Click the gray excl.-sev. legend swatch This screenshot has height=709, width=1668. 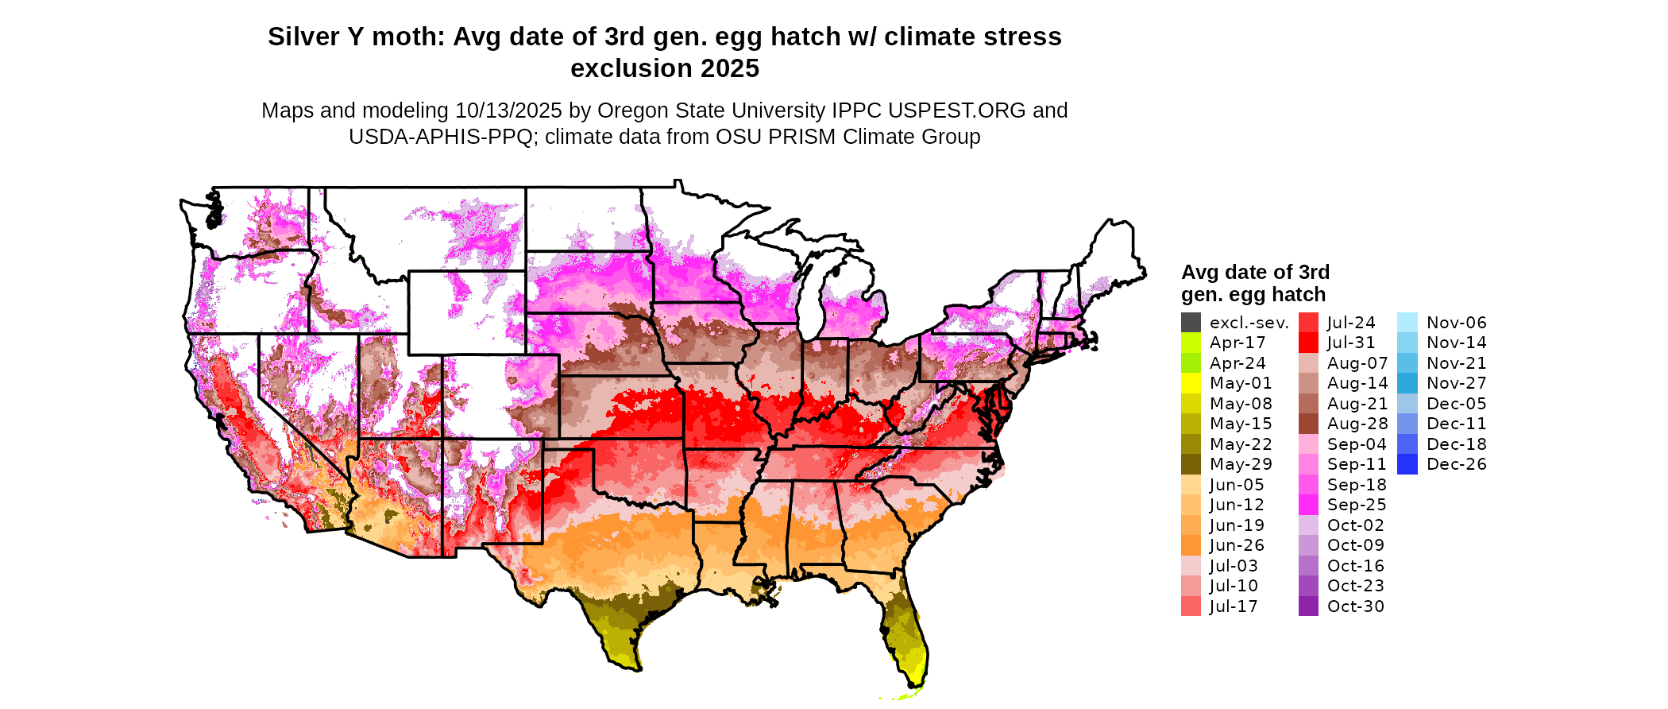1191,323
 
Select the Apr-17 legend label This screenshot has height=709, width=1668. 1237,343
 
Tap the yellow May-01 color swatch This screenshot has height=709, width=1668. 1191,384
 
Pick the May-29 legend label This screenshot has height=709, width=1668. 1241,465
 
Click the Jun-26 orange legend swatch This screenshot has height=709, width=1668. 1191,546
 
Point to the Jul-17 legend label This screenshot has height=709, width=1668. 1234,607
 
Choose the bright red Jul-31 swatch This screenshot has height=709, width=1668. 1308,343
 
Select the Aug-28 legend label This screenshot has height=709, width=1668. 1357,424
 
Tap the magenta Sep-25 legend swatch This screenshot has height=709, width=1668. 1308,506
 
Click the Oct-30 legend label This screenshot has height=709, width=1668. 1356,607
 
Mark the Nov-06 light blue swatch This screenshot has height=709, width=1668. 1407,323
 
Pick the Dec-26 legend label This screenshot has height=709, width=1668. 1457,465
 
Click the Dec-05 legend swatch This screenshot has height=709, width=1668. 1407,404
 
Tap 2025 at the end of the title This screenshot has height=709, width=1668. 728,69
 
